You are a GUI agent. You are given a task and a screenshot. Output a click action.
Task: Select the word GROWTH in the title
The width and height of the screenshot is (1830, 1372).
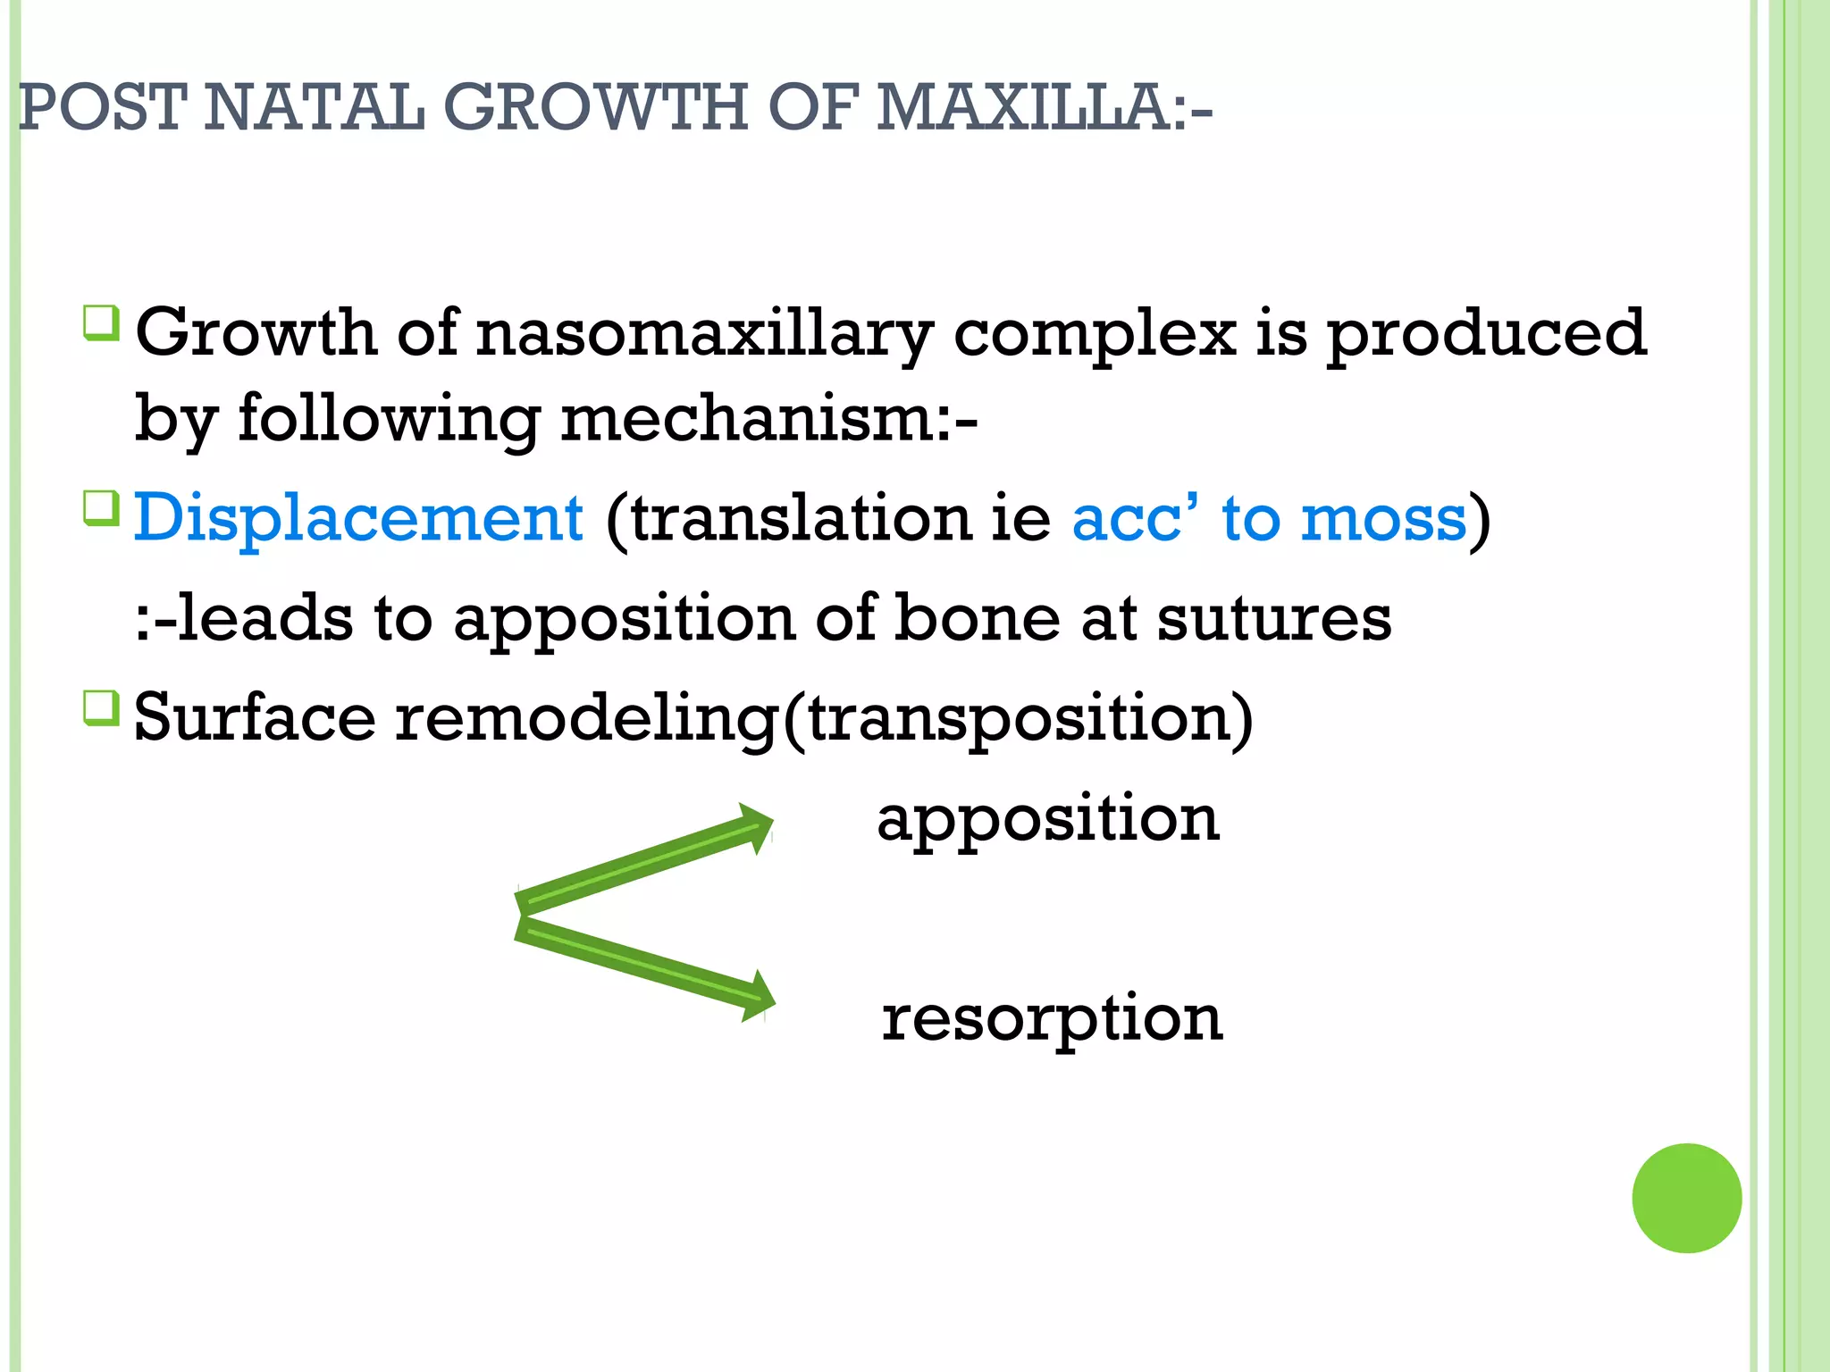(x=595, y=108)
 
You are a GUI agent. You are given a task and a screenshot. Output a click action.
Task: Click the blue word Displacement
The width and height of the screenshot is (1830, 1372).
(x=358, y=518)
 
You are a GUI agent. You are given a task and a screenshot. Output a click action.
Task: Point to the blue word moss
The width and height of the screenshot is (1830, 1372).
(x=1383, y=518)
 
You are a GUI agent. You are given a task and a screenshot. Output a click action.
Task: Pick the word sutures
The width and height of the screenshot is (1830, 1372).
(x=1274, y=618)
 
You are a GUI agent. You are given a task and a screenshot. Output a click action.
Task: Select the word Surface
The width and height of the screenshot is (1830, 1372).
(x=255, y=717)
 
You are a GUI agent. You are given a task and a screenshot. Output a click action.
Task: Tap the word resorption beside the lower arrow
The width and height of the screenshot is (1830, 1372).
(x=1052, y=1018)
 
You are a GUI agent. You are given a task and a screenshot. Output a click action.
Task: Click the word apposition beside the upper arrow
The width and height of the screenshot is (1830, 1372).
(x=1048, y=820)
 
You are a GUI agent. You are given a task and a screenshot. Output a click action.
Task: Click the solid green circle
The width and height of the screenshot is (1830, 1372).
(x=1686, y=1198)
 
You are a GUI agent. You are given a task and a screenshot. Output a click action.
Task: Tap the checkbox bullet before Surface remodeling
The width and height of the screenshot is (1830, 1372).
(x=101, y=707)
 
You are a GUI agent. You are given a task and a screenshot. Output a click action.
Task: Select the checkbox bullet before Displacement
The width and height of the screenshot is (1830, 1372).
(x=101, y=508)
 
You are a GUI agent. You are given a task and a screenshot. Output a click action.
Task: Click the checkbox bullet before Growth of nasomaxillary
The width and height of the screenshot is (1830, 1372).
(x=101, y=322)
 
